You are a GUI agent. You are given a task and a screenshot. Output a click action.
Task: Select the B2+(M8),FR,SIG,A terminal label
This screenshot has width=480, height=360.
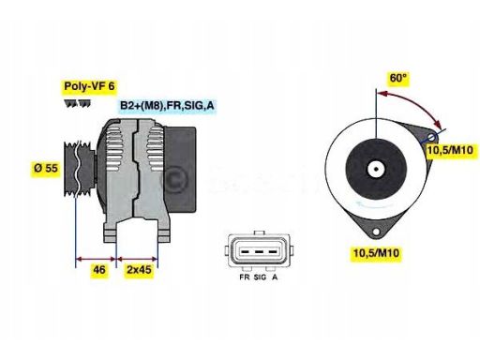pyautogui.click(x=166, y=108)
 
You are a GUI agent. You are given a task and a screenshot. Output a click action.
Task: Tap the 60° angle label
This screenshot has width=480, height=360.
pyautogui.click(x=398, y=79)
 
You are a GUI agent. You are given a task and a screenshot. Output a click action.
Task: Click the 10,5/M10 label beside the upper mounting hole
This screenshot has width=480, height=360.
pyautogui.click(x=449, y=151)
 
